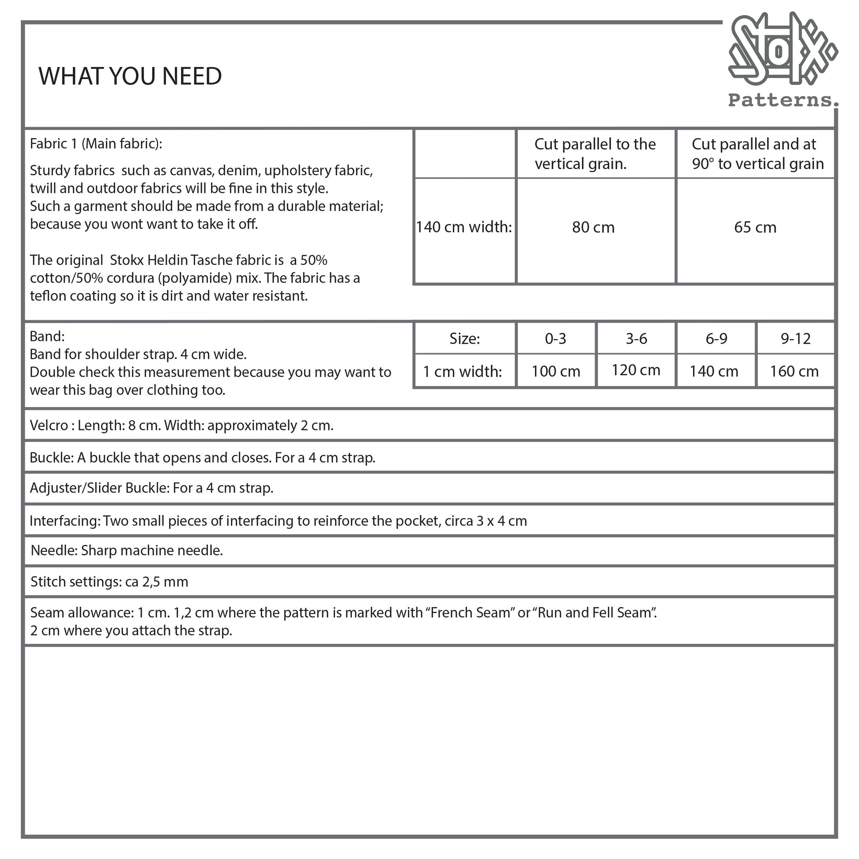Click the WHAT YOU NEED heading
130,76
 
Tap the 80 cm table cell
593,227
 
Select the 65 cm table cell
755,227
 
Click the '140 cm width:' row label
464,227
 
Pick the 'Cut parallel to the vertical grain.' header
595,154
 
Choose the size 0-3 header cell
555,339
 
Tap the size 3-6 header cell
636,339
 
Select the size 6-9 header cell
716,339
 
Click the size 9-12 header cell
795,339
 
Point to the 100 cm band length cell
556,371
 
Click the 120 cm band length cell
636,370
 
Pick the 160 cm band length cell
794,371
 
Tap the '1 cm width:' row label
463,371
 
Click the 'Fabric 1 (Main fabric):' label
96,143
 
